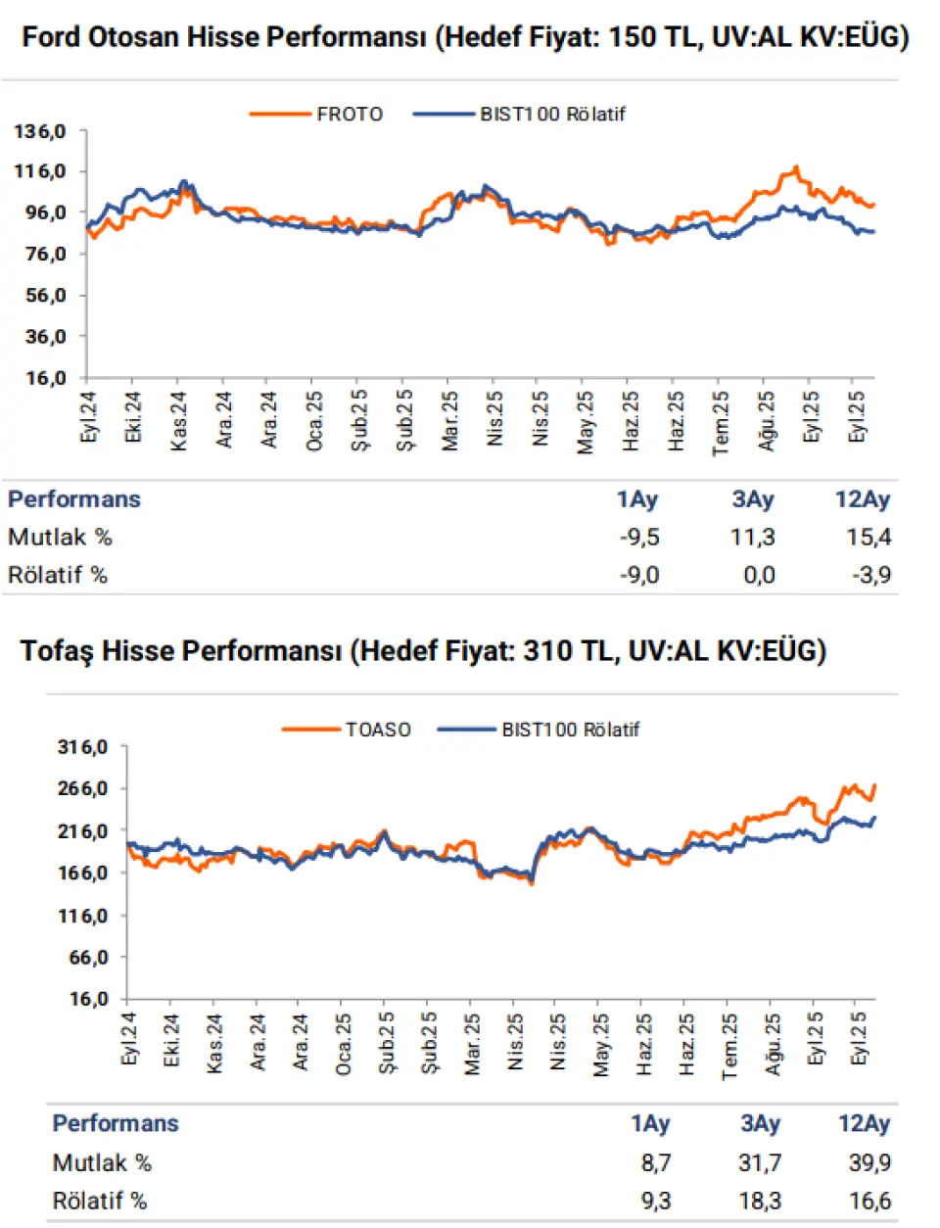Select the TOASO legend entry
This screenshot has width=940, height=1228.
pos(378,730)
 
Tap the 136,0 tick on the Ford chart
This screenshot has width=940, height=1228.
pos(40,130)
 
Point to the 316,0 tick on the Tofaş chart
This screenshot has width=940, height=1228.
pos(83,747)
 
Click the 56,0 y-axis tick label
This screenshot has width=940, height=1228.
pos(44,295)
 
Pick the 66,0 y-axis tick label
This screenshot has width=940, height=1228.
pos(87,958)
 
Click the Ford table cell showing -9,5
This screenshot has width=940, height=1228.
pos(639,537)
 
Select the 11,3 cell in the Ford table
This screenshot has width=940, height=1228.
pos(754,537)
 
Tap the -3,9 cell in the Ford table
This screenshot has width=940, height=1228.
pos(870,575)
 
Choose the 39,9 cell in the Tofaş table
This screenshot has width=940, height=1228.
pos(869,1162)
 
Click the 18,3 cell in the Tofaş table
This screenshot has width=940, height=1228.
pos(761,1201)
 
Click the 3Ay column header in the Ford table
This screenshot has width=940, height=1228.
pos(753,499)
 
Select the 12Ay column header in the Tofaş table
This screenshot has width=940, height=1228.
pos(864,1124)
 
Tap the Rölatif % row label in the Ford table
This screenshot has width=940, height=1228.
pos(58,575)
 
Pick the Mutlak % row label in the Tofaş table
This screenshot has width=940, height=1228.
pos(102,1162)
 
